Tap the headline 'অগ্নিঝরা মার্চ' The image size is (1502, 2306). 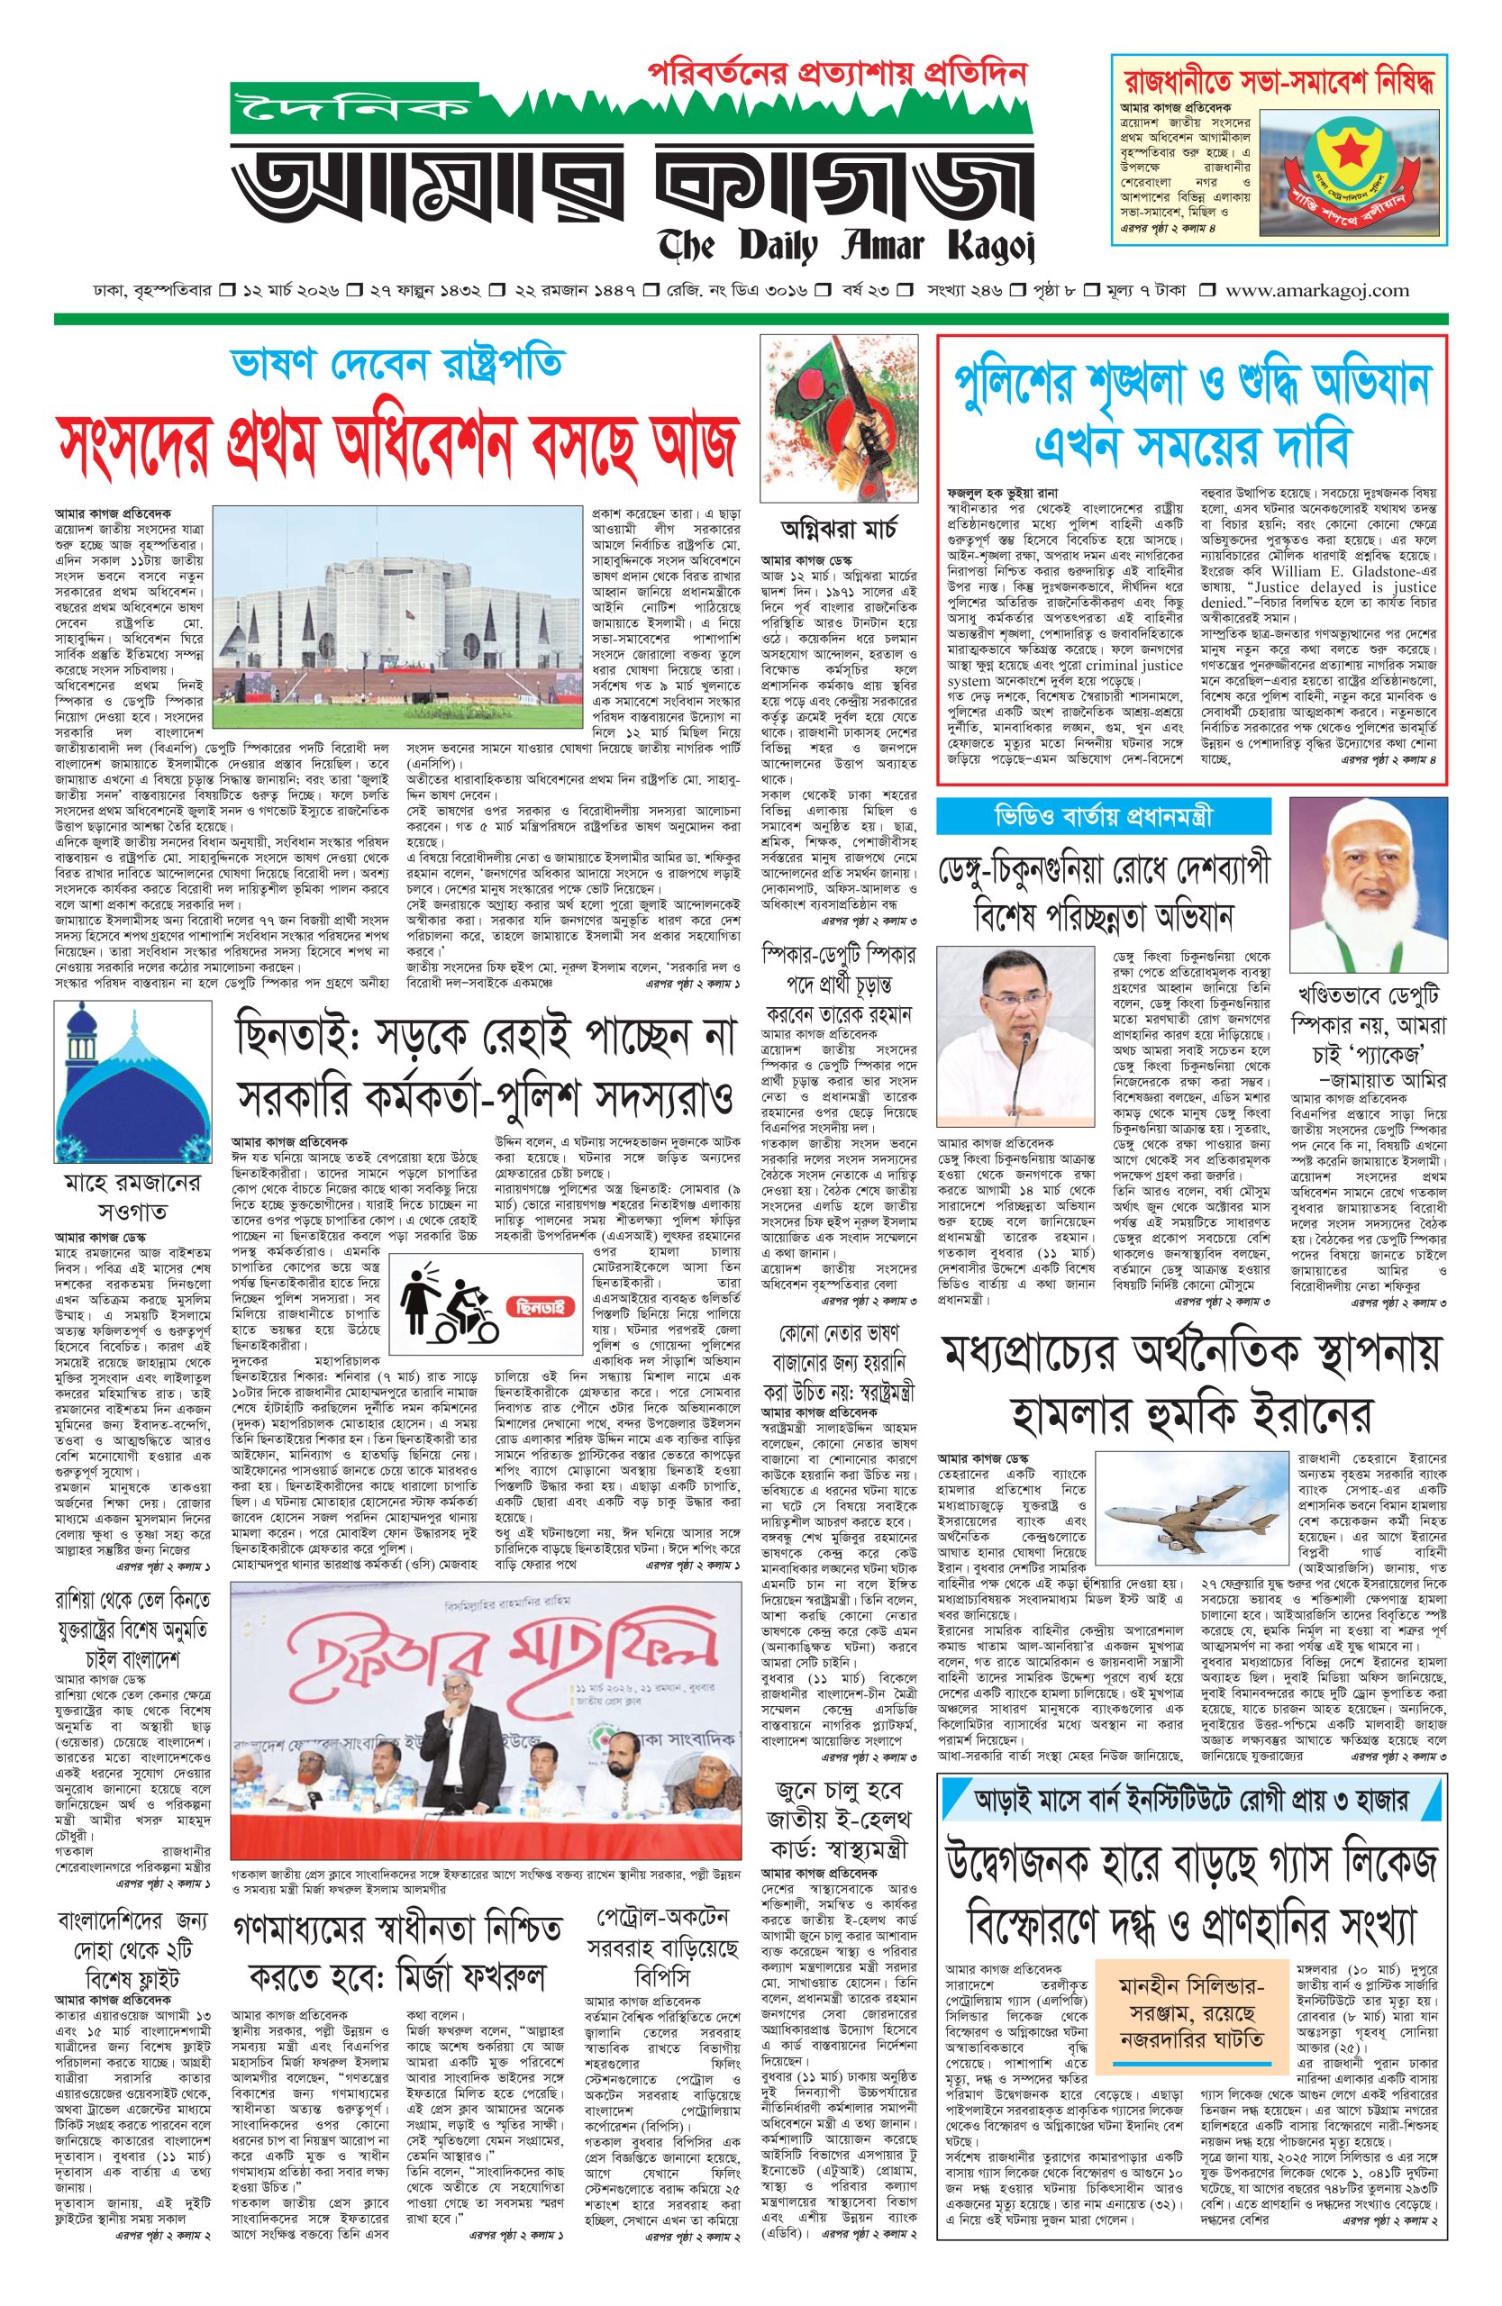click(x=839, y=530)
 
